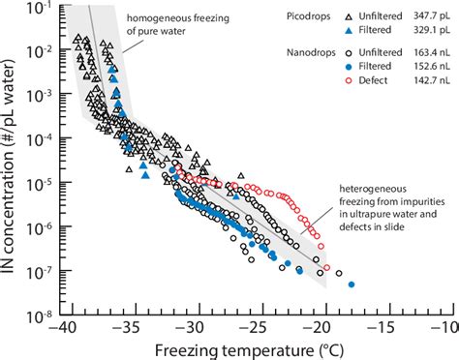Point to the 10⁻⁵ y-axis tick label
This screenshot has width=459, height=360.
pos(42,180)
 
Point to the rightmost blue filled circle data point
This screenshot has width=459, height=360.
pos(352,285)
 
